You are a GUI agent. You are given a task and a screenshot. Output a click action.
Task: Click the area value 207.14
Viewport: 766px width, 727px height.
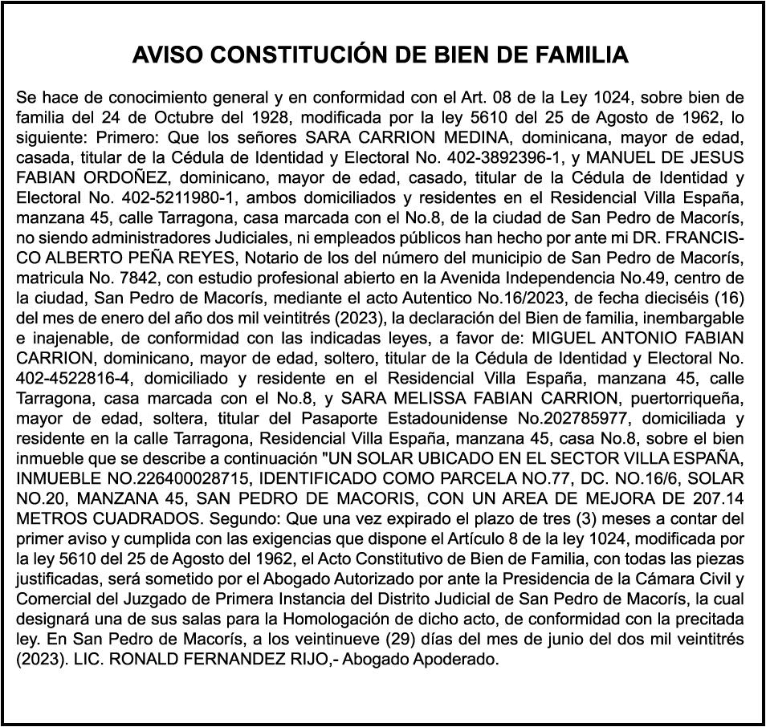[x=717, y=498]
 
